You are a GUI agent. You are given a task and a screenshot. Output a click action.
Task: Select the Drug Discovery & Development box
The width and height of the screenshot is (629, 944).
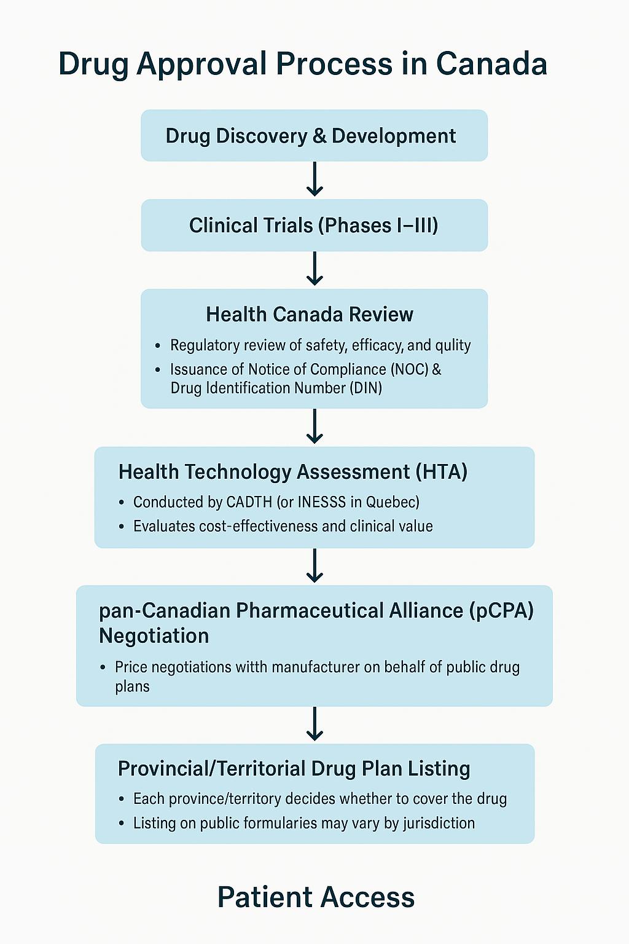[314, 136]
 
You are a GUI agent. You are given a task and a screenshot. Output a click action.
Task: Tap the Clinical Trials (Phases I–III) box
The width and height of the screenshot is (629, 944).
[314, 226]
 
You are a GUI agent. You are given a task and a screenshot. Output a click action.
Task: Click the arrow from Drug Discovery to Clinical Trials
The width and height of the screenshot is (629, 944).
[314, 179]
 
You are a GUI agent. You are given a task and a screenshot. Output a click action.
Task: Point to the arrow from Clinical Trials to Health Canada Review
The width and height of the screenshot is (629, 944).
[314, 269]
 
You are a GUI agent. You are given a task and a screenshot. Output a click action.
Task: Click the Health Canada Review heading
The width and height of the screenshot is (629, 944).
[310, 315]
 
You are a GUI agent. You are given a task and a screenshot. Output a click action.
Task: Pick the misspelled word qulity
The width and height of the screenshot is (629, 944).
[453, 346]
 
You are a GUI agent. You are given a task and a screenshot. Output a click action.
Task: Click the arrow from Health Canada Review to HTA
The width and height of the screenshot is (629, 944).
[314, 427]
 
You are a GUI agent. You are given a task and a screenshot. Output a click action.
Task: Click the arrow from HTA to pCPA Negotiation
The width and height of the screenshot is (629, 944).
[314, 565]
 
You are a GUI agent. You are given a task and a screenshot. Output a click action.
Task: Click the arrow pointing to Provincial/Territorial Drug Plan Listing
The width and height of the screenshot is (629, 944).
[314, 724]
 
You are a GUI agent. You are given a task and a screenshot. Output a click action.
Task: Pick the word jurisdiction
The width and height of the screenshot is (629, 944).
[439, 824]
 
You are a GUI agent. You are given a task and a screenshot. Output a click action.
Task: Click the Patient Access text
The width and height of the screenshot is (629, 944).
[316, 897]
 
